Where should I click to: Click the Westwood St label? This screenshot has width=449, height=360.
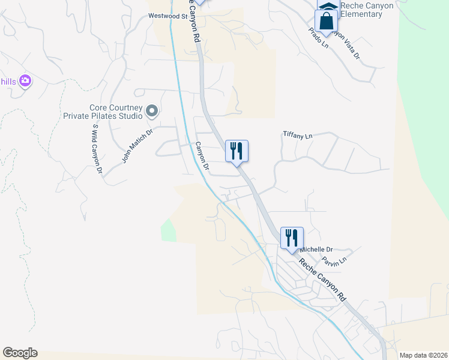coord(168,17)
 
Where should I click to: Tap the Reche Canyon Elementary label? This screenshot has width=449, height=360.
coord(366,10)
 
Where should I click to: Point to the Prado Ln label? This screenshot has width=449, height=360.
coord(319,38)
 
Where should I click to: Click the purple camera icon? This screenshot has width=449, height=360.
coord(25,80)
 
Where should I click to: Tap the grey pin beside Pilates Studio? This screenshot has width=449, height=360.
coord(152,110)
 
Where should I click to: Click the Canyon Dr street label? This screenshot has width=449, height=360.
coord(202,157)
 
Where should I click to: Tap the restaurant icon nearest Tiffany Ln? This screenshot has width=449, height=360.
coord(237,151)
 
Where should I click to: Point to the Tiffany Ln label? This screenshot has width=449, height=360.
coord(298,136)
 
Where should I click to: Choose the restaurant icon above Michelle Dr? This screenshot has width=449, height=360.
coord(292,238)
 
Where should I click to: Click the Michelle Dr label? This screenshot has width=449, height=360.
coord(316,249)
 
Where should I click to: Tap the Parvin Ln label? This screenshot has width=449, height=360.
coord(334,261)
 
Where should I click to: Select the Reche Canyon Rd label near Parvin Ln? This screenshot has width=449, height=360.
coord(323,280)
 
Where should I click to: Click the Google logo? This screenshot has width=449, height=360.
coord(20,353)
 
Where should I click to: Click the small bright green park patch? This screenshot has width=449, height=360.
coord(169,231)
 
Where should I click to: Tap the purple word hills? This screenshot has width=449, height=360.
coord(8,82)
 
